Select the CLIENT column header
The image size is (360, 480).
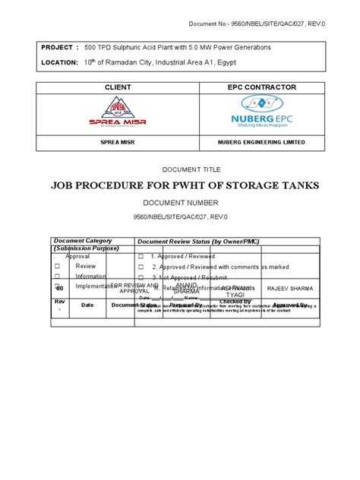tap(112, 88)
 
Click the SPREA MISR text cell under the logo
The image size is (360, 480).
tap(112, 142)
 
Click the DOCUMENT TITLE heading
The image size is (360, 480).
tap(180, 172)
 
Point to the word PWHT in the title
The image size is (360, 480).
tap(210, 185)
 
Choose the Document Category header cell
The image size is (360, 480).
tap(81, 240)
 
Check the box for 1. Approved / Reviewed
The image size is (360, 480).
tap(141, 257)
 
